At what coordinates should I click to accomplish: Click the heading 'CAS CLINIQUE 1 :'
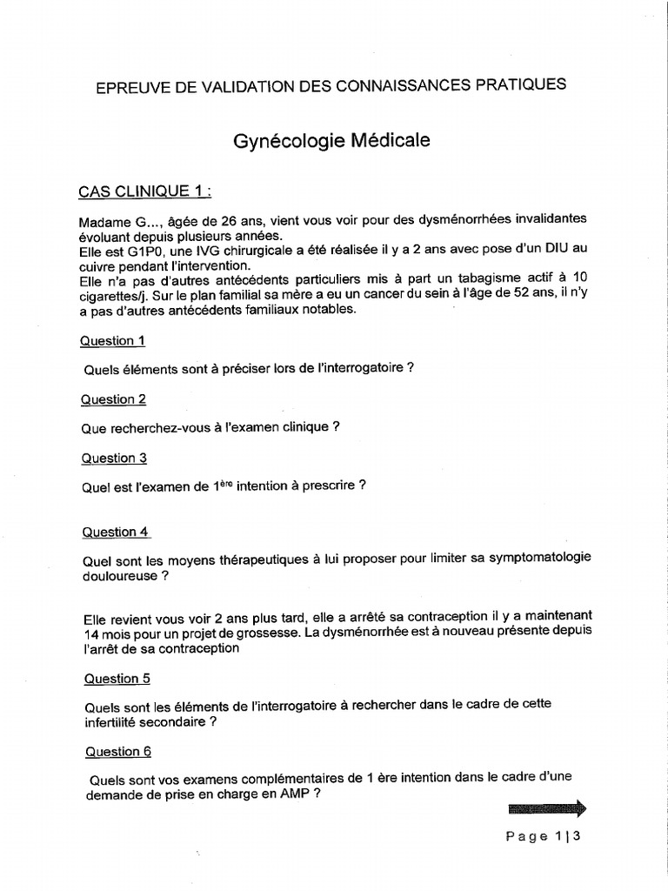(x=145, y=191)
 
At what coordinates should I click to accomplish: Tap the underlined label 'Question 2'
(x=114, y=399)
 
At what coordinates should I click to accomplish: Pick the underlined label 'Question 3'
(x=114, y=458)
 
